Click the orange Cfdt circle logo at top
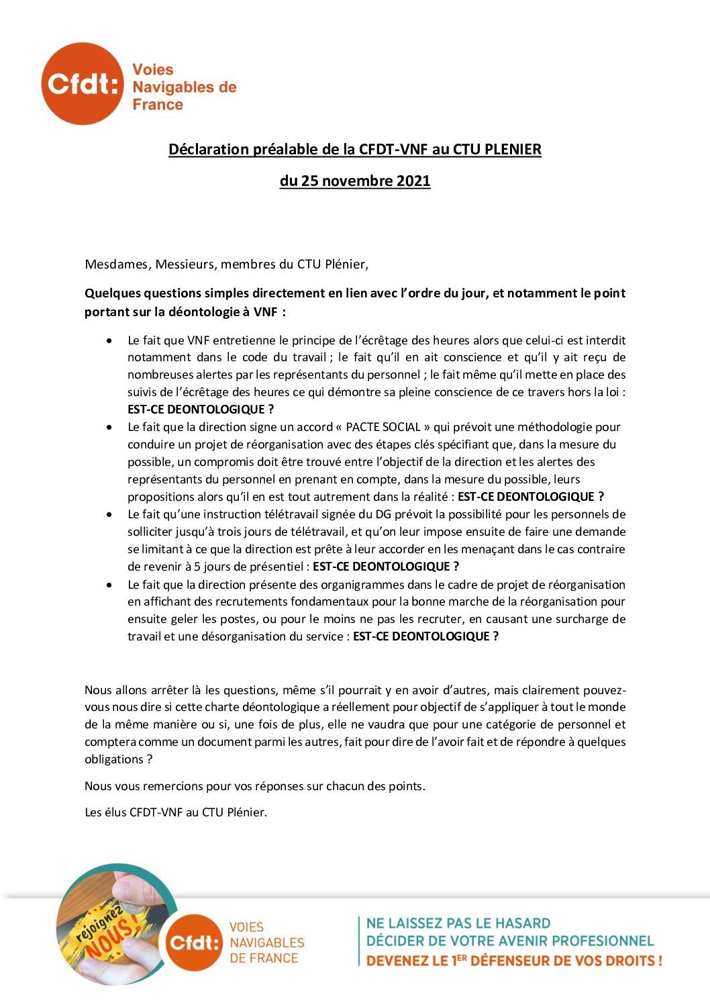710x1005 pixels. pos(83,84)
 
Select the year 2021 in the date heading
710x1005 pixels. pos(413,181)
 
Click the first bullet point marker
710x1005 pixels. pos(109,341)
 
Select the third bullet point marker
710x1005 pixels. pos(109,515)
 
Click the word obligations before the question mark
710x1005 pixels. pos(113,759)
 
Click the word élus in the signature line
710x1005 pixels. pos(115,812)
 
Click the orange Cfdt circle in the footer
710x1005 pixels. pos(193,942)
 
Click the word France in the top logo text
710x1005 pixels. pos(158,105)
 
